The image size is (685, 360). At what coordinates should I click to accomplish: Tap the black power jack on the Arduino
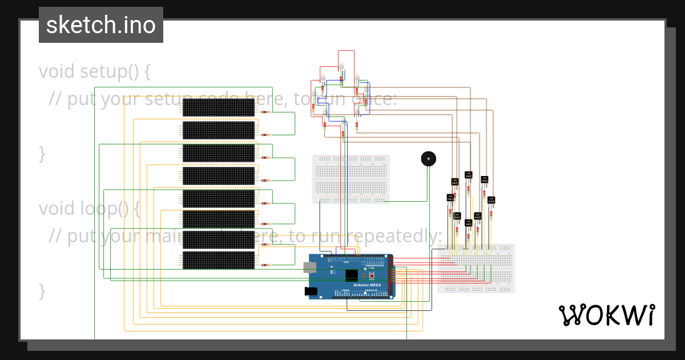click(x=311, y=291)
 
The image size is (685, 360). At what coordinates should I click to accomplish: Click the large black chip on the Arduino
click(x=352, y=275)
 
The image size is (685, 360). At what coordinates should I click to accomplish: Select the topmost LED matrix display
click(x=218, y=107)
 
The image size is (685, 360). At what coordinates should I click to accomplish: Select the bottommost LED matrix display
click(x=218, y=260)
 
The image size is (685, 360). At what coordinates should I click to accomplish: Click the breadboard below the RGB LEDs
click(x=351, y=178)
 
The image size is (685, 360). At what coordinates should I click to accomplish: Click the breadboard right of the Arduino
click(x=476, y=269)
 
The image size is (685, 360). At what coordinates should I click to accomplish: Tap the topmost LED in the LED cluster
click(x=342, y=66)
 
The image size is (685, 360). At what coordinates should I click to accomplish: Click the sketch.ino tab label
click(x=101, y=25)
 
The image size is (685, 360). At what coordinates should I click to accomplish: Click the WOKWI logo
click(x=606, y=315)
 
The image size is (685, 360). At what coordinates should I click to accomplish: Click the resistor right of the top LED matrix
click(x=265, y=112)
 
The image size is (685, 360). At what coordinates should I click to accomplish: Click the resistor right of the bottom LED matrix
click(x=265, y=265)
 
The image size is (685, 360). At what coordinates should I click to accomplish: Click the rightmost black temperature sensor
click(x=491, y=200)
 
